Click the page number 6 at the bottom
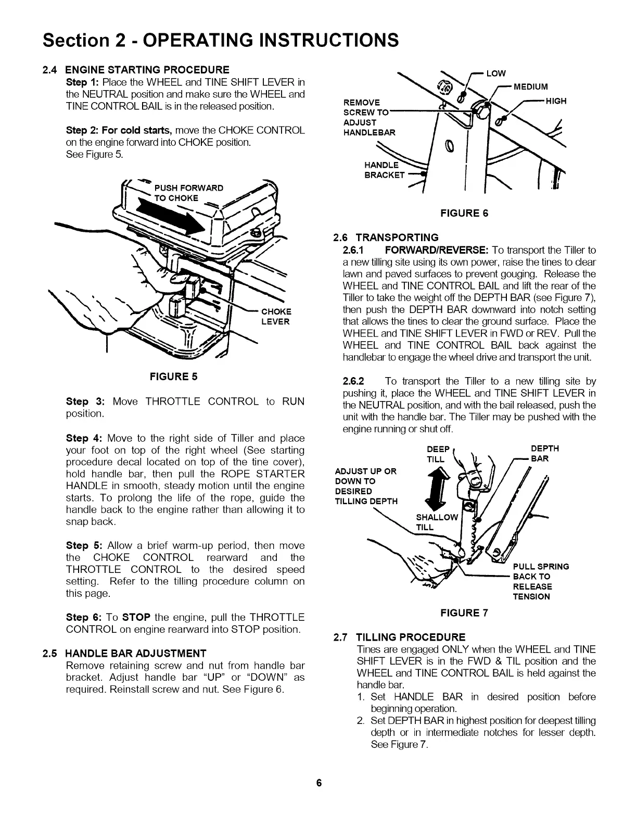pyautogui.click(x=318, y=783)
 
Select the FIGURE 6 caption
pyautogui.click(x=464, y=213)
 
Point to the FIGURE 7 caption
pyautogui.click(x=464, y=613)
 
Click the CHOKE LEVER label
pyautogui.click(x=276, y=317)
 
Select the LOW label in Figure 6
pyautogui.click(x=496, y=73)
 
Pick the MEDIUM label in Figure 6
pyautogui.click(x=531, y=86)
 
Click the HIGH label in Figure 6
pyautogui.click(x=556, y=101)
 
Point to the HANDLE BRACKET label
pyautogui.click(x=385, y=170)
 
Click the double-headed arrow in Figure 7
pyautogui.click(x=436, y=487)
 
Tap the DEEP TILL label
pyautogui.click(x=436, y=454)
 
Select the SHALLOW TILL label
pyautogui.click(x=437, y=522)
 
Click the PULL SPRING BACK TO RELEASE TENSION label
pyautogui.click(x=540, y=581)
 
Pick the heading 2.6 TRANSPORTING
pyautogui.click(x=386, y=238)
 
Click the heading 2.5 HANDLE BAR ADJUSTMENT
pyautogui.click(x=125, y=653)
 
